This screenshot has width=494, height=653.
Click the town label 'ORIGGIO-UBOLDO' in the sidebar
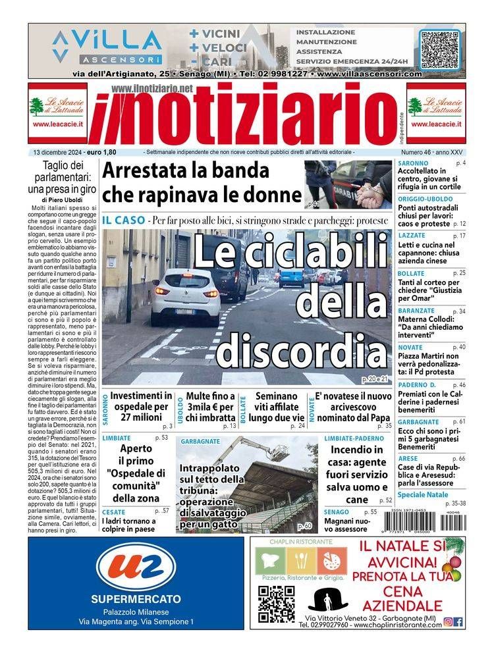[x=425, y=198]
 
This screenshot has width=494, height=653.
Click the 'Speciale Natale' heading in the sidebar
[x=423, y=494]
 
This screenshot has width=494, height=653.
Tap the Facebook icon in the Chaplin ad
[x=458, y=621]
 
